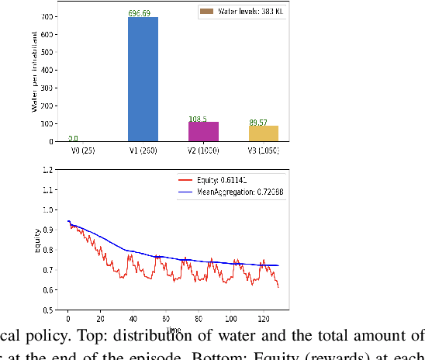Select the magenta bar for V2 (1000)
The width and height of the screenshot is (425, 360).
click(203, 132)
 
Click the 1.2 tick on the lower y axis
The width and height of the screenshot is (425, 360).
click(48, 169)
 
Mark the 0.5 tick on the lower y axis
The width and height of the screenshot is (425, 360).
click(48, 310)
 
